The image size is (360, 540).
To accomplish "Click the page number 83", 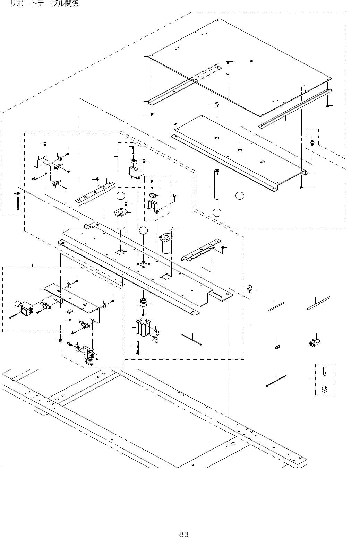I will pyautogui.click(x=183, y=534).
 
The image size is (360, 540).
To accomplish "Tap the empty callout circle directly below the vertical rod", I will pyautogui.click(x=217, y=212).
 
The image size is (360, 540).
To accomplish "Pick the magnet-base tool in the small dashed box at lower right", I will pyautogui.click(x=325, y=380).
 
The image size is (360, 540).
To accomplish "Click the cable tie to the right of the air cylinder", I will pyautogui.click(x=191, y=339).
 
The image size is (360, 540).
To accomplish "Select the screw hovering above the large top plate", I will pyautogui.click(x=228, y=62).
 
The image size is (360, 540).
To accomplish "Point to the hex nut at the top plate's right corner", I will pyautogui.click(x=327, y=106).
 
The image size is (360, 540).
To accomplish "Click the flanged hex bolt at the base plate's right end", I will pyautogui.click(x=249, y=288).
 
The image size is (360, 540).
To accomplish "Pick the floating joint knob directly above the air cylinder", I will pyautogui.click(x=142, y=303).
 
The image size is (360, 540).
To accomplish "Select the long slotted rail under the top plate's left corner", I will pyautogui.click(x=184, y=84).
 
